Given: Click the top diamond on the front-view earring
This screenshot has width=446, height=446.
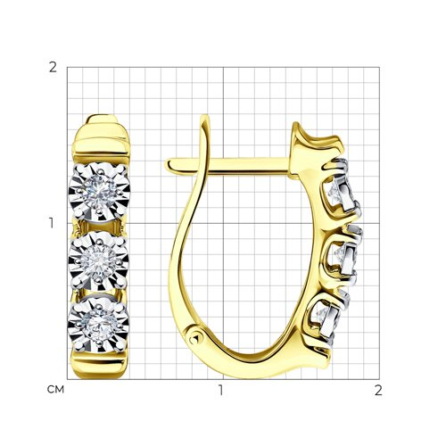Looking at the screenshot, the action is click(99, 192).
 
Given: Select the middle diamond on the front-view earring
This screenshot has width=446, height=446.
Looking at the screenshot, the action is click(99, 260).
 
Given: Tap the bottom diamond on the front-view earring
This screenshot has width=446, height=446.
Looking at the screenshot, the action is click(98, 325).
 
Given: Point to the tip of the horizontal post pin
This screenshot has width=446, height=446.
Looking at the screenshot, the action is click(167, 164).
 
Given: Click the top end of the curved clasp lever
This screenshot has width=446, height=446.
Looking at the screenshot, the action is click(204, 117).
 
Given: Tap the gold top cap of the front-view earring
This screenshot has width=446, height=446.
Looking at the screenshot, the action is click(101, 139).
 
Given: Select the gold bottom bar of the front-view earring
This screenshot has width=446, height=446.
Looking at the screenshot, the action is click(98, 365).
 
